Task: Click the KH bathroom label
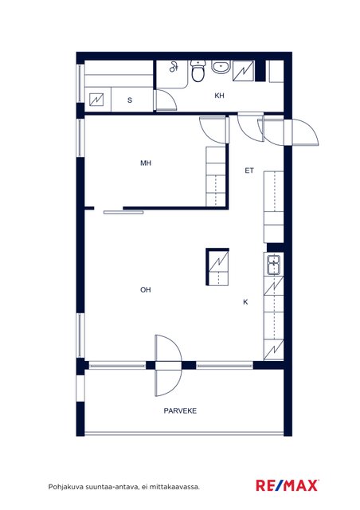point(220,96)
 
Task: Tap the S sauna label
point(130,100)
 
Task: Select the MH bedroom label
point(146,163)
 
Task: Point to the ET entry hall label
point(249,171)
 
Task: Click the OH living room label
point(146,289)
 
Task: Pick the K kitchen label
point(245,302)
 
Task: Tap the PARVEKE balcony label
point(180,411)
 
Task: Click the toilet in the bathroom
point(198,71)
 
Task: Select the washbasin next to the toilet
point(221,67)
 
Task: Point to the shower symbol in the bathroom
point(174,67)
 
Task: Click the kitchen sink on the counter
point(273,265)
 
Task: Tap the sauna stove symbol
point(96,100)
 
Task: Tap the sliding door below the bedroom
point(123,213)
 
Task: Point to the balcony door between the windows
point(168,365)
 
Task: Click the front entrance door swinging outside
point(305,133)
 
